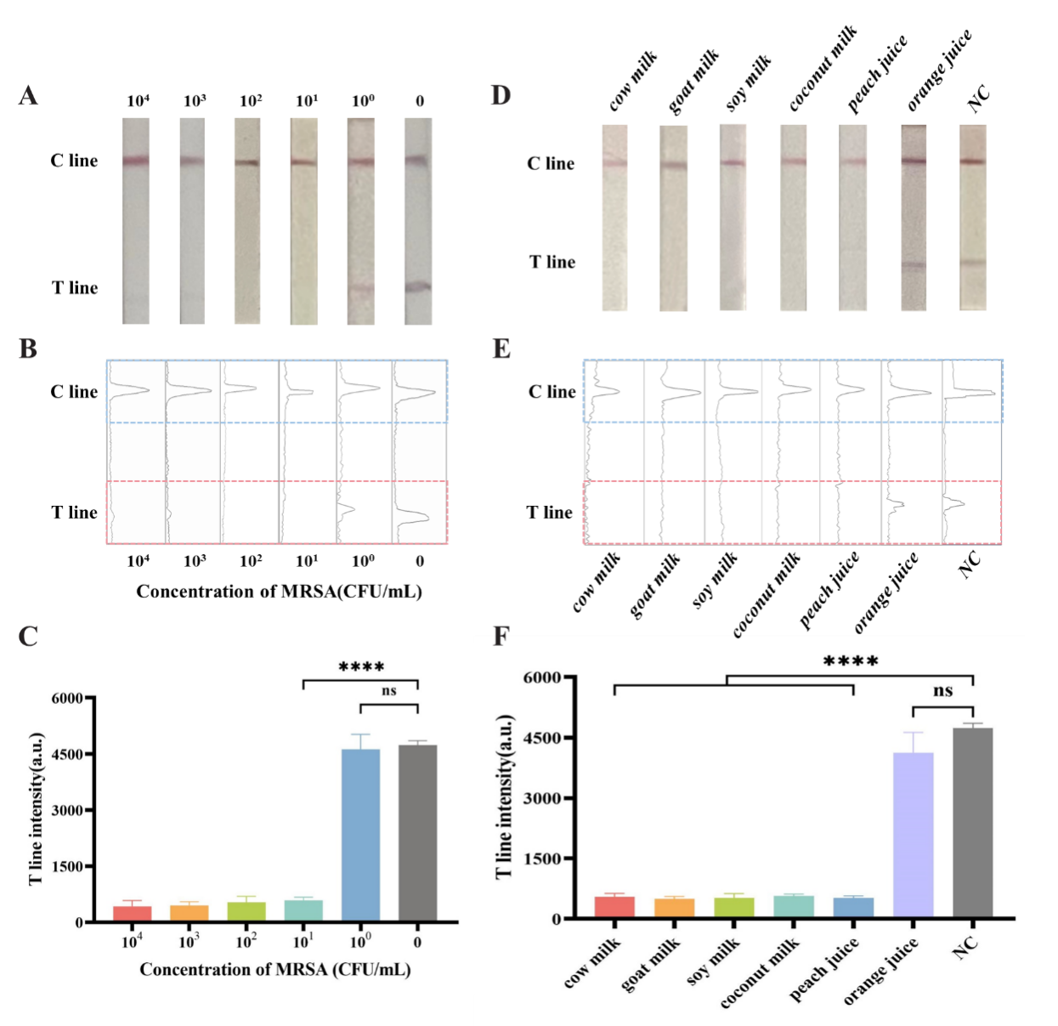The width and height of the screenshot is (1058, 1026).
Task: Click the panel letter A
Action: tap(28, 96)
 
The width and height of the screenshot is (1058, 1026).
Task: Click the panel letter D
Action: tap(501, 95)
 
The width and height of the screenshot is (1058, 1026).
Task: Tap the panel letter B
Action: tap(28, 349)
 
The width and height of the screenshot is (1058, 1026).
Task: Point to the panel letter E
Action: tap(501, 349)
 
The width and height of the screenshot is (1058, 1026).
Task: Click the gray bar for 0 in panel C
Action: tap(417, 833)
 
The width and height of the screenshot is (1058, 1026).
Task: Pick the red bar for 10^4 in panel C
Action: tap(132, 913)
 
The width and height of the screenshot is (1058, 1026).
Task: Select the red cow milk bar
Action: tap(614, 907)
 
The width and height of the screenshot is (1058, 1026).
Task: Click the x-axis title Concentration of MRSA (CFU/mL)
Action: tap(275, 970)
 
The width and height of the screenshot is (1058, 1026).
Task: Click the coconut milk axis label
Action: tap(761, 972)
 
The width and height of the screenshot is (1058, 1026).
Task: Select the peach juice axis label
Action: tap(825, 969)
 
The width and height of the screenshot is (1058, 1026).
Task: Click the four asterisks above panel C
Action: tap(361, 667)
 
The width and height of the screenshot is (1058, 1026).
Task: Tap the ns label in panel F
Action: tap(942, 691)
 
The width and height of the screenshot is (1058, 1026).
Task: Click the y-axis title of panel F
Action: tap(505, 796)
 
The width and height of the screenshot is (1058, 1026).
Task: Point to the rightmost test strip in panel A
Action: tap(417, 221)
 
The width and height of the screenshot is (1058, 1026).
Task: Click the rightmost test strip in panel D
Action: tap(973, 218)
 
